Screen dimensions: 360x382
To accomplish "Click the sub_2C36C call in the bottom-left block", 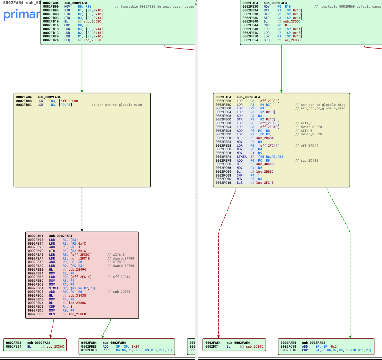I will click(55, 346).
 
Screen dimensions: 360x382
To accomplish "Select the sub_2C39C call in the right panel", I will click(255, 346).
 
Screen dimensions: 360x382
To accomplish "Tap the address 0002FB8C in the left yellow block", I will click(24, 105).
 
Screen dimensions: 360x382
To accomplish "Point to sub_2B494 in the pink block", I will click(77, 269).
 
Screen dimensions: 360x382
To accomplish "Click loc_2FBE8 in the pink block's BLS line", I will click(77, 314).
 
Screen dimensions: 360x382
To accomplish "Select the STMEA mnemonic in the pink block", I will click(54, 288).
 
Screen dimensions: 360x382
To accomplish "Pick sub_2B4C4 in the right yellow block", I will click(265, 138).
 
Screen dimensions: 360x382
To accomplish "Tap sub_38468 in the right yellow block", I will click(265, 164).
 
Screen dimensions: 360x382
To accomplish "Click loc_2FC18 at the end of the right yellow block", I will click(265, 183).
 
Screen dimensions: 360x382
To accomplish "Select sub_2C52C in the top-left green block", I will click(92, 22).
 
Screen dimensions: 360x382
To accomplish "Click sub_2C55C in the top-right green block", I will click(292, 22).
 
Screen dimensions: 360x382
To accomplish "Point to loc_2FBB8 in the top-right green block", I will click(292, 40).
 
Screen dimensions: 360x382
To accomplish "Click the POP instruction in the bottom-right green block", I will click(305, 350).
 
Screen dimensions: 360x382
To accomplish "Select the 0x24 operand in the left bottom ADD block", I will click(135, 346).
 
